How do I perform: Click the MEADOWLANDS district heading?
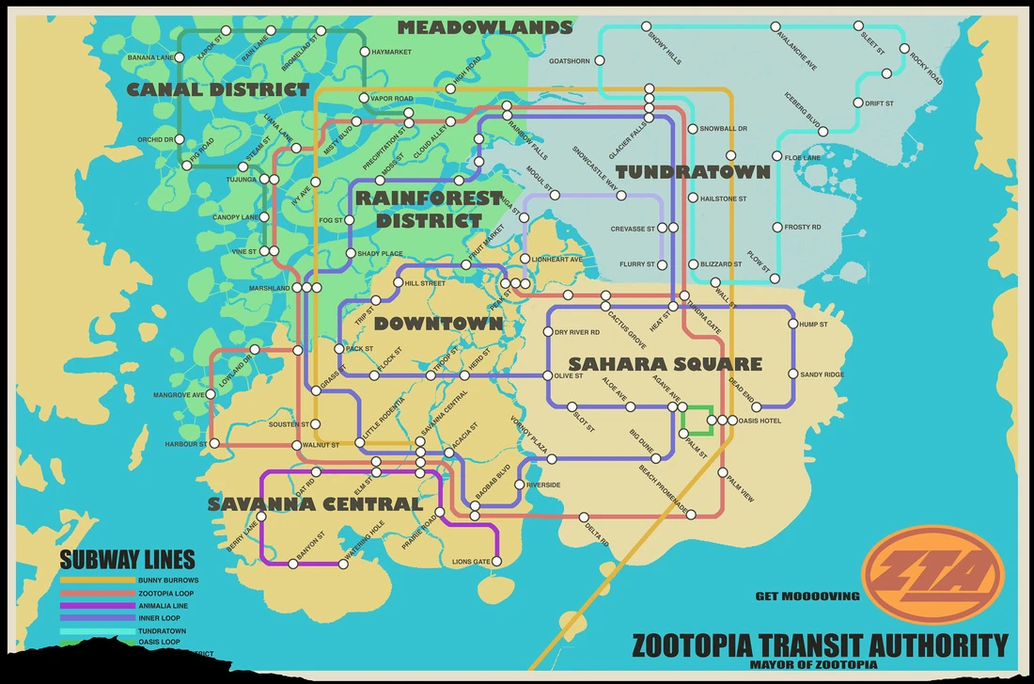[484, 28]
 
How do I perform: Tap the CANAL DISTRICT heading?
[217, 90]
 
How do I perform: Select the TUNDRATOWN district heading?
[693, 172]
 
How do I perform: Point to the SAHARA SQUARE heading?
[665, 364]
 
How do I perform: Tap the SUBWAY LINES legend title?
[127, 559]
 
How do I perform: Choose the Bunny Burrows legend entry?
[168, 581]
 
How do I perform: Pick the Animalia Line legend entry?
[163, 605]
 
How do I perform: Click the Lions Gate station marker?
[497, 562]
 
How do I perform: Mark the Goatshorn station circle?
[599, 61]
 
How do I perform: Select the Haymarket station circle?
[365, 52]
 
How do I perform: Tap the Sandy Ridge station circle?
[793, 374]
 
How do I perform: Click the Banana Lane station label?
[150, 58]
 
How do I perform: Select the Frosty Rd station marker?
[776, 227]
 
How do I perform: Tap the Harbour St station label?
[185, 443]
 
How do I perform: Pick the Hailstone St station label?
[723, 199]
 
